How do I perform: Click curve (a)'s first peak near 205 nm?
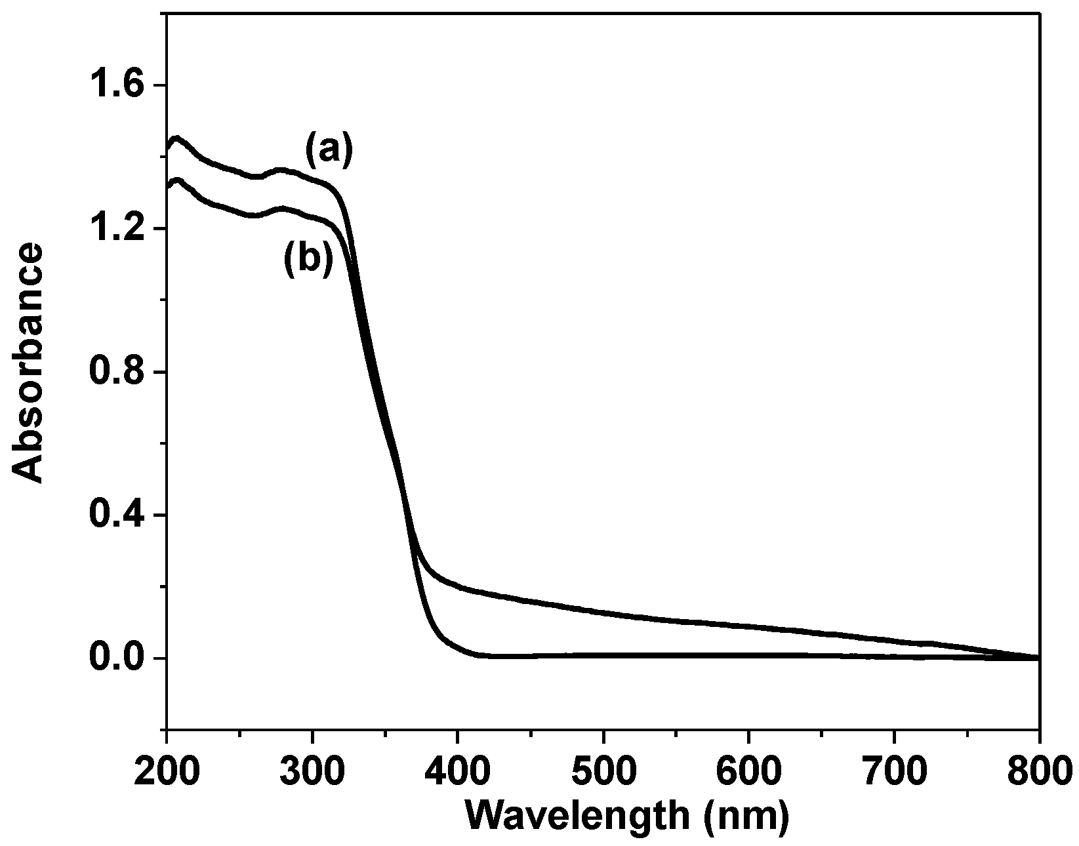(175, 138)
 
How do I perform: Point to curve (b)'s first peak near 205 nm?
(175, 180)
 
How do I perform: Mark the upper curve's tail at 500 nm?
(603, 613)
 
